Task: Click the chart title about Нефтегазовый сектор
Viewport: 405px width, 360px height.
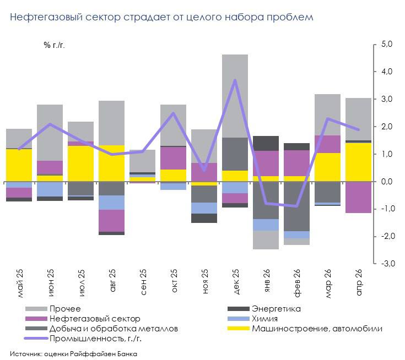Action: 161,17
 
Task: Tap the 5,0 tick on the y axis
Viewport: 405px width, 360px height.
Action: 387,44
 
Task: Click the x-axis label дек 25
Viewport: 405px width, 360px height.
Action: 236,281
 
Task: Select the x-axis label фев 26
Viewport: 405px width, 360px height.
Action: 297,283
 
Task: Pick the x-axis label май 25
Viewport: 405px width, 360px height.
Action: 20,283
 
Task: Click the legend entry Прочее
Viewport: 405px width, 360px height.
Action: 53,309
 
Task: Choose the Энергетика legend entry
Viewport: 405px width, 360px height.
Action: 264,309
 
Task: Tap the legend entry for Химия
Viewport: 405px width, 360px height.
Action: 252,319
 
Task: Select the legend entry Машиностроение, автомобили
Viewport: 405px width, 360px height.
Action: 305,329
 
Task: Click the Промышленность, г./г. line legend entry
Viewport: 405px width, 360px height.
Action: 83,339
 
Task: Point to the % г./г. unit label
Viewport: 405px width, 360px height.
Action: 54,45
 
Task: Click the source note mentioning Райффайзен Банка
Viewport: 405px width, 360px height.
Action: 74,353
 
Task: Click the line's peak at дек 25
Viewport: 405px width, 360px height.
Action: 235,80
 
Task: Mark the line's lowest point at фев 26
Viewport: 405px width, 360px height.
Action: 296,206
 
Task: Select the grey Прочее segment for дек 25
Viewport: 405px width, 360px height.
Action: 235,96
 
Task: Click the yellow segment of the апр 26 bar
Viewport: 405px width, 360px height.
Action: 358,162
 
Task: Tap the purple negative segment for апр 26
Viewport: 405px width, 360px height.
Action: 358,198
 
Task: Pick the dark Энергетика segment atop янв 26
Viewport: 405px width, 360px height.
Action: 266,143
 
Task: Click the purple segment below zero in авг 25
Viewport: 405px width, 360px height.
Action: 111,221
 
